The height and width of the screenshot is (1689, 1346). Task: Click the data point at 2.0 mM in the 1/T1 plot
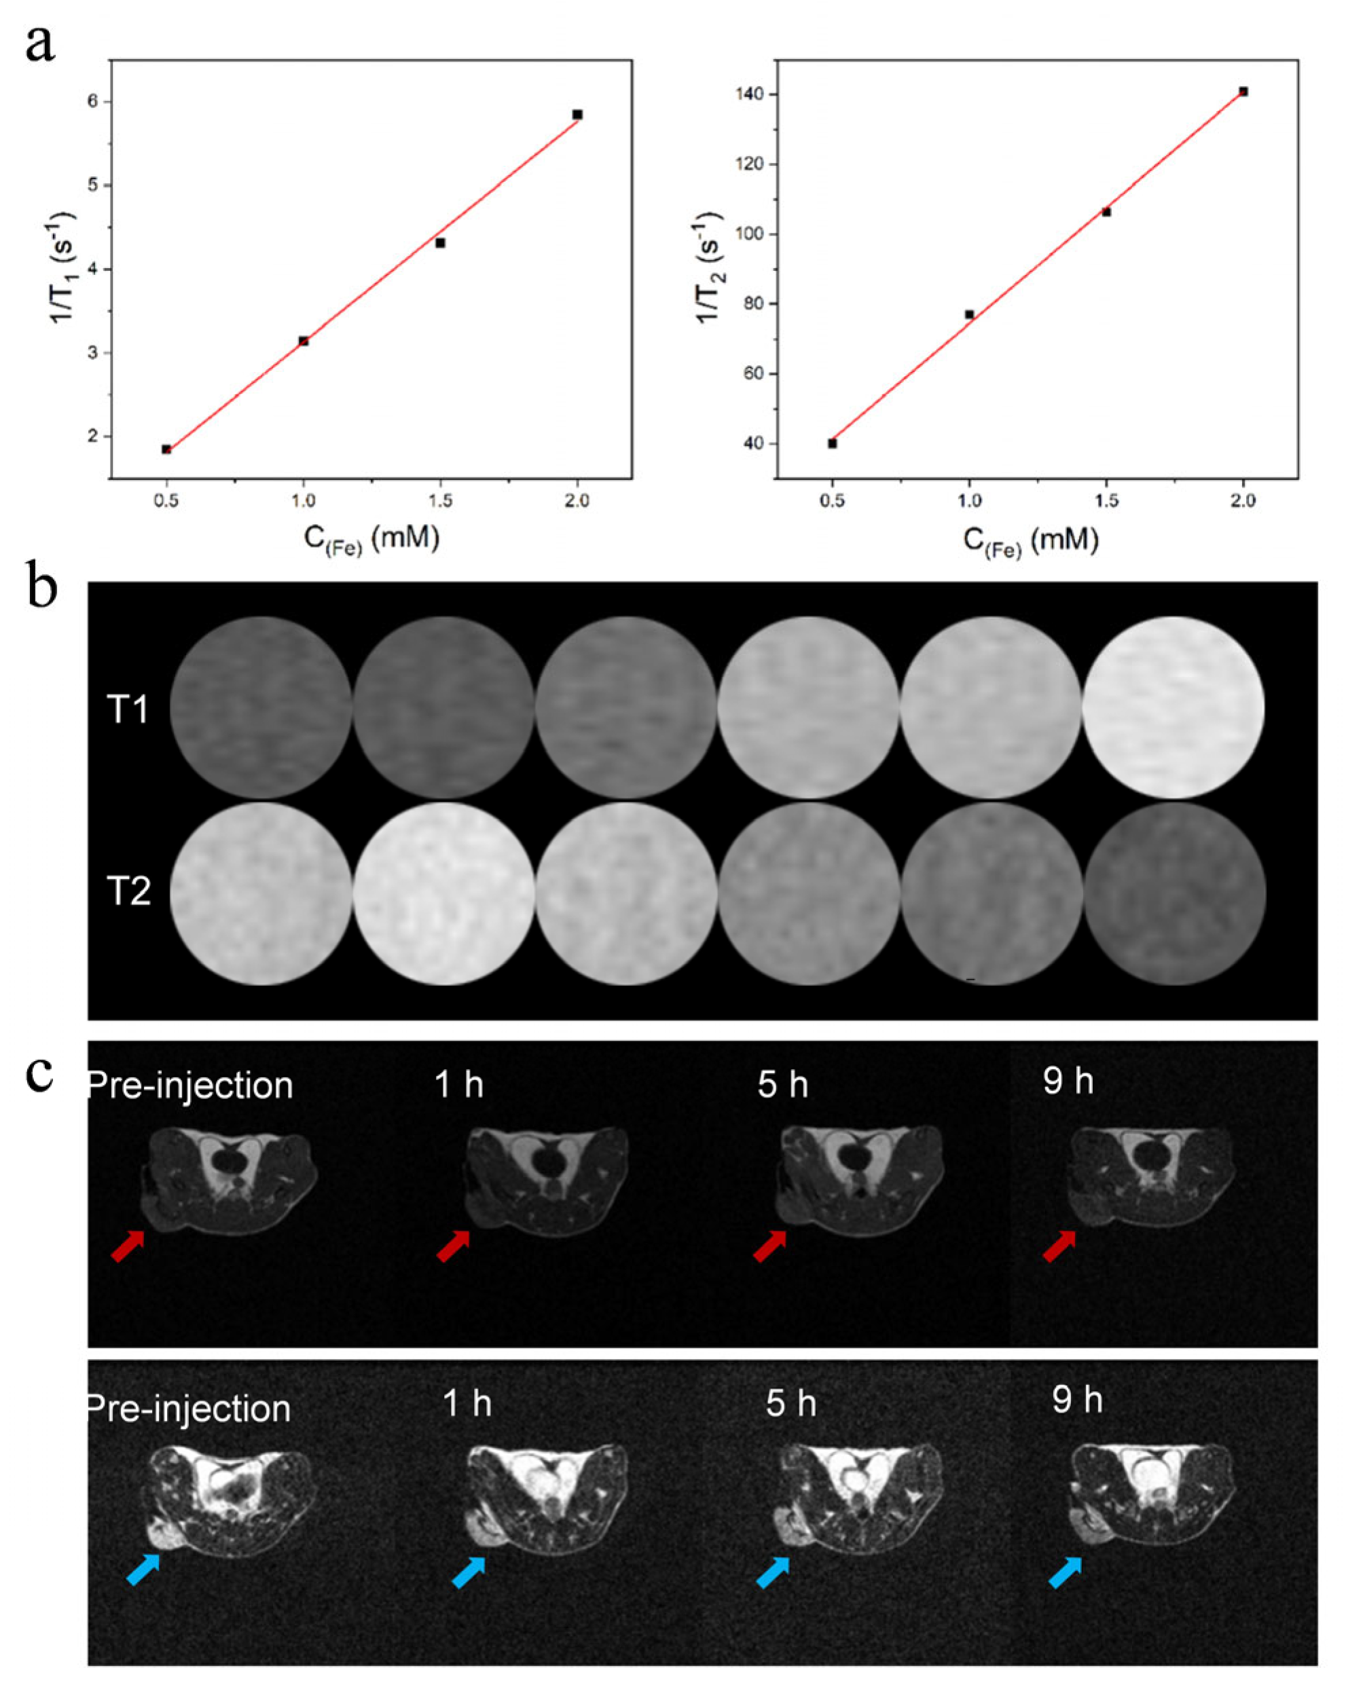(577, 114)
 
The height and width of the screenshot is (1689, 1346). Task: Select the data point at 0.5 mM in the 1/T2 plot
(832, 443)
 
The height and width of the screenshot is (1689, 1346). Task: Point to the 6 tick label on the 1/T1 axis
(92, 101)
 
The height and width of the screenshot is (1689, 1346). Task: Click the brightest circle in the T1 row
(1173, 707)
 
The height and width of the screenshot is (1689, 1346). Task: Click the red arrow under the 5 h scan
(769, 1246)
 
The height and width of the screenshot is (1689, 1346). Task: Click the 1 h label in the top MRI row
(459, 1085)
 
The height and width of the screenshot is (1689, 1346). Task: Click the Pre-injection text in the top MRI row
(190, 1085)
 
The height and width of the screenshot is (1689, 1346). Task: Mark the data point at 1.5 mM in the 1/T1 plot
(440, 243)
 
